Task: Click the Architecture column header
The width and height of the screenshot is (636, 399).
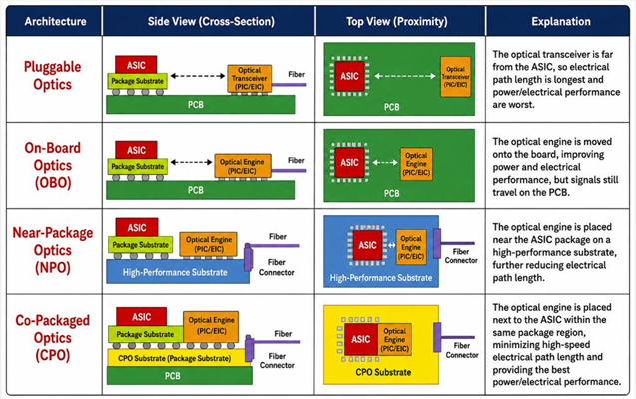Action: pos(55,21)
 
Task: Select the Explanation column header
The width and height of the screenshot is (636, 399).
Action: pos(561,21)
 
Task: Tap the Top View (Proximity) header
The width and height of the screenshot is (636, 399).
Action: pos(397,21)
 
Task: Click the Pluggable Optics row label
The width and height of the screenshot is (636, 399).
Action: pos(52,76)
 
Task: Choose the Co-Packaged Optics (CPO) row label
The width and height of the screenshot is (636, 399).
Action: pos(52,338)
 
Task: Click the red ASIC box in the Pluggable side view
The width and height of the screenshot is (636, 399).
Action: pos(136,65)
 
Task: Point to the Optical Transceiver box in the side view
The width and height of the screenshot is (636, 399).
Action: pos(249,78)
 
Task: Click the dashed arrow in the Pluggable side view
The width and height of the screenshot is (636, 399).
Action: pos(198,76)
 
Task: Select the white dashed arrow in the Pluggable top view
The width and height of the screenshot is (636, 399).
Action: pos(405,76)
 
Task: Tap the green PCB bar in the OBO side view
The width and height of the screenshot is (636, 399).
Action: pos(200,190)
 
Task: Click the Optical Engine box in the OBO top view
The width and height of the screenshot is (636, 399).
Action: pos(416,164)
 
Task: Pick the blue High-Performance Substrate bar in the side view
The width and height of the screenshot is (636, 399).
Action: pos(178,271)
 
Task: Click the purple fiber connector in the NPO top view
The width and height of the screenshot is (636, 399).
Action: pos(437,244)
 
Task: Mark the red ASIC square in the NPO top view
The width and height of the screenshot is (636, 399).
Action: pos(367,245)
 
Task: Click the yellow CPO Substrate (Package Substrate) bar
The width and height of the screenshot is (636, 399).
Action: pos(177,358)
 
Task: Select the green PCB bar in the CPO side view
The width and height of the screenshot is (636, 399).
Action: pos(180,376)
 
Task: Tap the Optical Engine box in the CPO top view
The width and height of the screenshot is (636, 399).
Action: pos(395,340)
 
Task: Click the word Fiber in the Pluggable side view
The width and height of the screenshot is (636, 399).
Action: pos(297,74)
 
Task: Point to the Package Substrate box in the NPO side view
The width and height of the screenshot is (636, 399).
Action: pos(140,245)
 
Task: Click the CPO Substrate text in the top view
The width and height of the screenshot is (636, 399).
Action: pos(383,372)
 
